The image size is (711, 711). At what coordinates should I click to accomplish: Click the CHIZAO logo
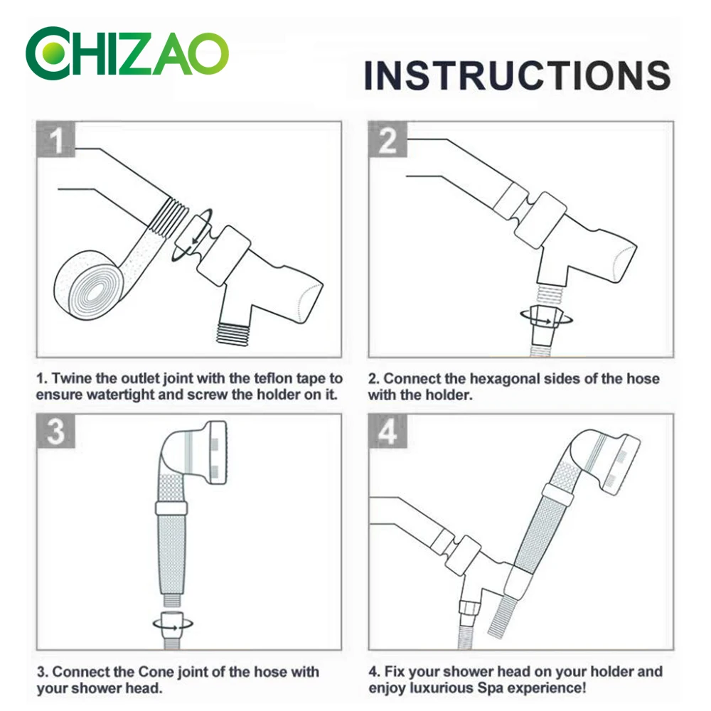coord(127,53)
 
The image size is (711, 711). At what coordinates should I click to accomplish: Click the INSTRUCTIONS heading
coord(518,75)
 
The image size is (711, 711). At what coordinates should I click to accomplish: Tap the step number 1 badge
coord(55,139)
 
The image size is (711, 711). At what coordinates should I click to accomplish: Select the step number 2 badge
coord(387,139)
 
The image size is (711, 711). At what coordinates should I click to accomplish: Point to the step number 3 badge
coord(55,432)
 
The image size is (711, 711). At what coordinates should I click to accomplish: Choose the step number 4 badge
coord(387,432)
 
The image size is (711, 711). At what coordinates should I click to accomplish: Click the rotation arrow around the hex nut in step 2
coord(546,321)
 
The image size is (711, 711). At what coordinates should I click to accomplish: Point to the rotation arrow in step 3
coord(173,626)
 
